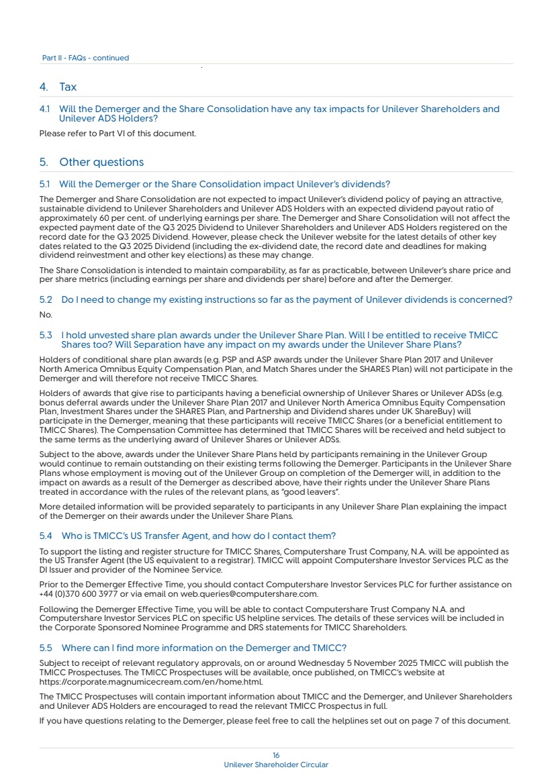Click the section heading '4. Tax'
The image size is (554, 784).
(58, 87)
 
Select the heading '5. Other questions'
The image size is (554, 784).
(91, 162)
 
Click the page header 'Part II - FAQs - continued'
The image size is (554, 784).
(85, 58)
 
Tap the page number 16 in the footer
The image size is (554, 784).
(276, 755)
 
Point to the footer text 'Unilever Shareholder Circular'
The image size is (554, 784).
(276, 765)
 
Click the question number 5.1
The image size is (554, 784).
(45, 185)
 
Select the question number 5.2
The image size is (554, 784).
(46, 300)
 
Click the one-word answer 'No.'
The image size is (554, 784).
(46, 314)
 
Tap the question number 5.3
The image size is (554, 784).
(46, 335)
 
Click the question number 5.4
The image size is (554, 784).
(46, 536)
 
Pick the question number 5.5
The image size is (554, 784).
(46, 648)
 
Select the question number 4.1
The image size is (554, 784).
(45, 109)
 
